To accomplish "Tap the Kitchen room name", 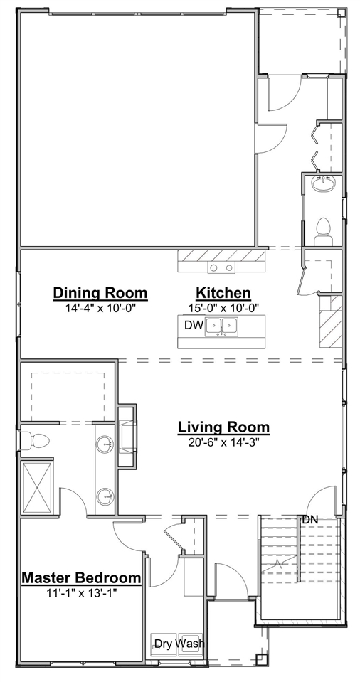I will click(223, 293).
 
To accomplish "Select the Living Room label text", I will click(223, 427).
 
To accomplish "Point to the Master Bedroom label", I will click(81, 577).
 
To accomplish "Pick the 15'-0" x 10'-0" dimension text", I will click(223, 307).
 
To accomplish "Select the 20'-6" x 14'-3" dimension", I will click(223, 442).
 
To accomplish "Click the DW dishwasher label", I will click(192, 326).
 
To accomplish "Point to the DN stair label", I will click(309, 520).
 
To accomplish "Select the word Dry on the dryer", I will click(164, 644).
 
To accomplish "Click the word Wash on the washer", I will click(190, 644).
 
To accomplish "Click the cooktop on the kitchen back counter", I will click(221, 267).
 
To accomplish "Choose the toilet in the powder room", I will click(324, 231).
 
